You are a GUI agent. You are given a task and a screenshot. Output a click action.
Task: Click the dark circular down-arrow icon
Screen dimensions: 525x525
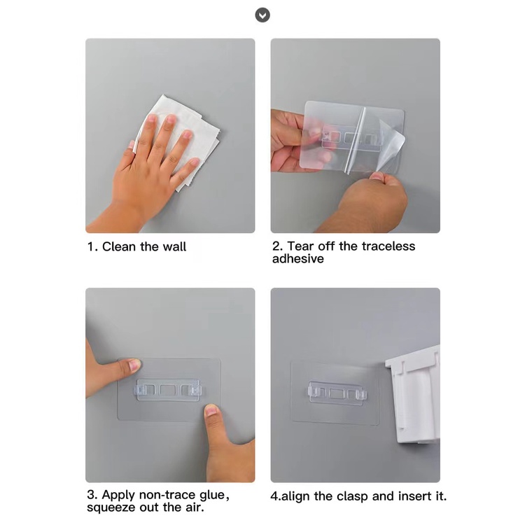[262, 15]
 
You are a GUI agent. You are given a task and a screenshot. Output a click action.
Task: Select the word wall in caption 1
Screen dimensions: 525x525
[174, 247]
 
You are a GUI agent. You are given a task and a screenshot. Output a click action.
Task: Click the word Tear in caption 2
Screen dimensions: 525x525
[302, 246]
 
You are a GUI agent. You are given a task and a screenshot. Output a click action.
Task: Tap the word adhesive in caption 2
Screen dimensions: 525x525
[298, 259]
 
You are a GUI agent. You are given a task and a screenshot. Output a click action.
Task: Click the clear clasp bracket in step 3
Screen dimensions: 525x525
[169, 390]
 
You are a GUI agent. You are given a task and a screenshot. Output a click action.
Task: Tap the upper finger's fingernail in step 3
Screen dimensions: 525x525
[134, 365]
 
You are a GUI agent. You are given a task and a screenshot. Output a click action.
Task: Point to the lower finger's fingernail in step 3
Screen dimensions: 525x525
[211, 410]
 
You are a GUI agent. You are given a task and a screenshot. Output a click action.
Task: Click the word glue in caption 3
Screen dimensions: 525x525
[212, 495]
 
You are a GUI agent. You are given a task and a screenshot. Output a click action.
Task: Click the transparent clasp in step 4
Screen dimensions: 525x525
[337, 393]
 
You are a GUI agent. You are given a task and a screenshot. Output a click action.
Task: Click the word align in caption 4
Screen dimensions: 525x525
[295, 497]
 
